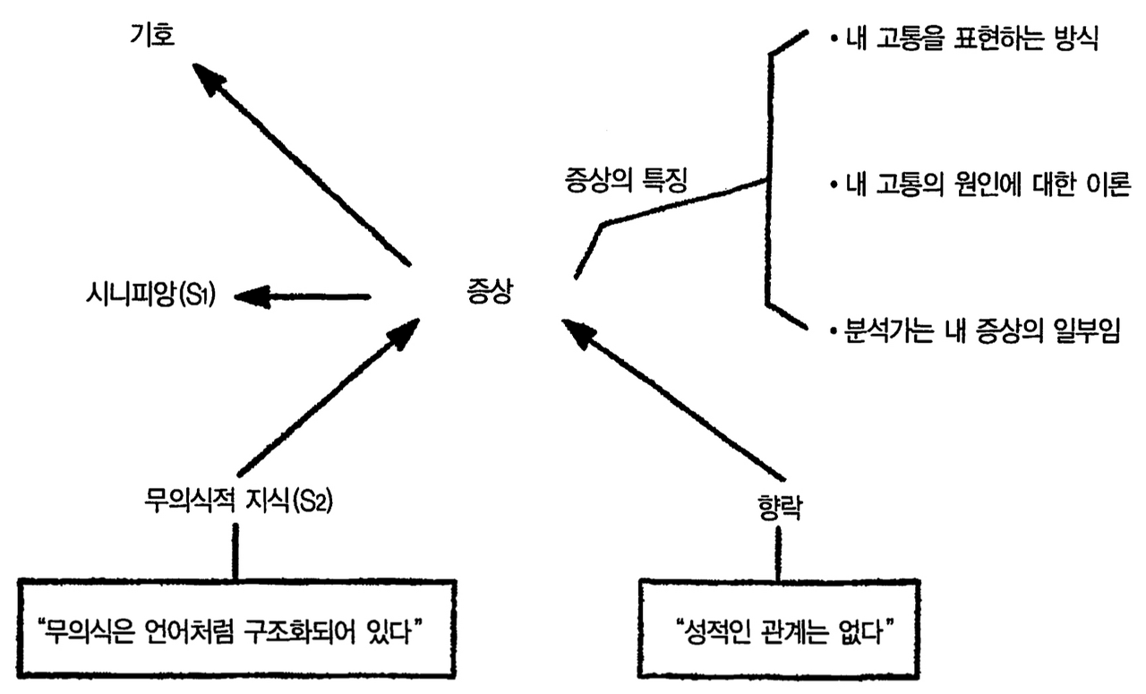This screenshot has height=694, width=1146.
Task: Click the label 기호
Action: [x=153, y=37]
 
